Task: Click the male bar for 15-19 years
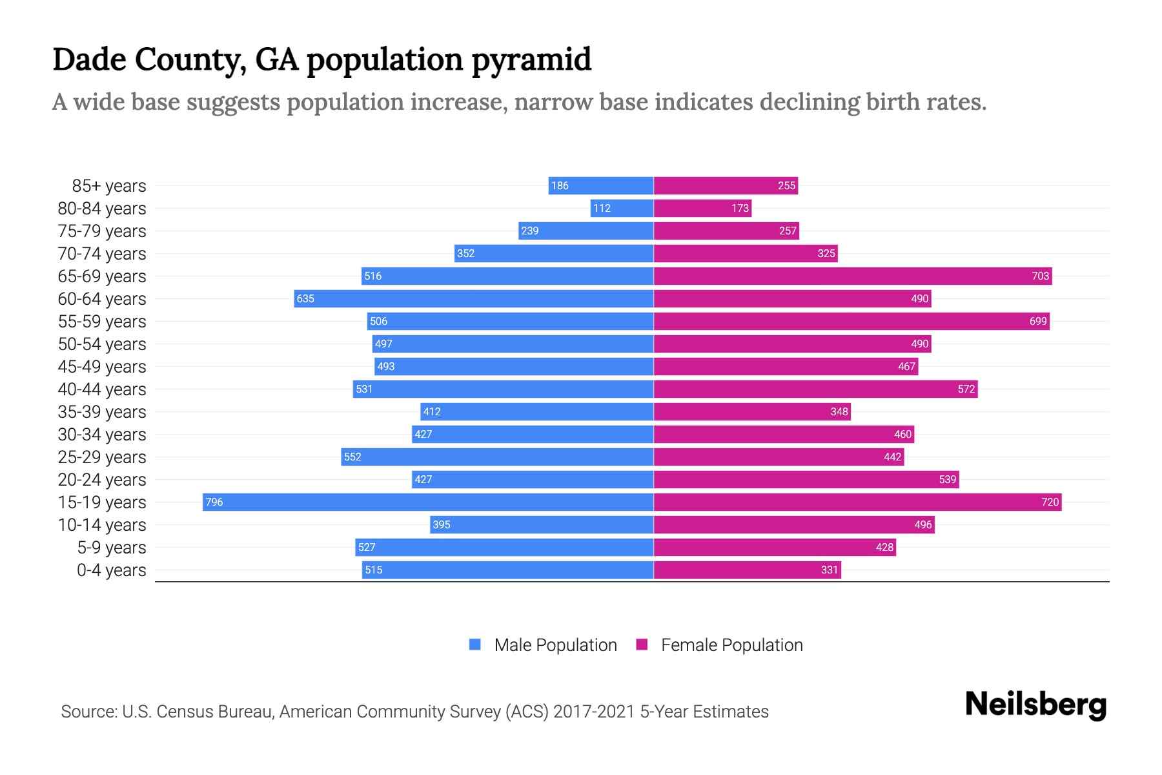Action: coord(428,502)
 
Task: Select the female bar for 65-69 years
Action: coord(852,276)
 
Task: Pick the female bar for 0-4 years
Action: coord(747,570)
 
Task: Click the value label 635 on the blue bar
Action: coord(305,298)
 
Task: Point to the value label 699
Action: coord(1037,321)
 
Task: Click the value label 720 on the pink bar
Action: coord(1050,502)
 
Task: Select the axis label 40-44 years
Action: coord(102,389)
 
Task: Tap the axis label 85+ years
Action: coord(109,186)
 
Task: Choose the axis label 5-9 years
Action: coord(112,548)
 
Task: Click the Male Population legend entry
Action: coord(555,645)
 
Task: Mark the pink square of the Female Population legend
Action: coord(642,645)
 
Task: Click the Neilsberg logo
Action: coord(1035,705)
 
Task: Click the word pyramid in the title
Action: coord(531,59)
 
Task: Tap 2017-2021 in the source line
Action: coord(593,712)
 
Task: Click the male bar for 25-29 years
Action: coord(497,457)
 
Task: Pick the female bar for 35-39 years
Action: coord(752,411)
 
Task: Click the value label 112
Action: coord(602,208)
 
